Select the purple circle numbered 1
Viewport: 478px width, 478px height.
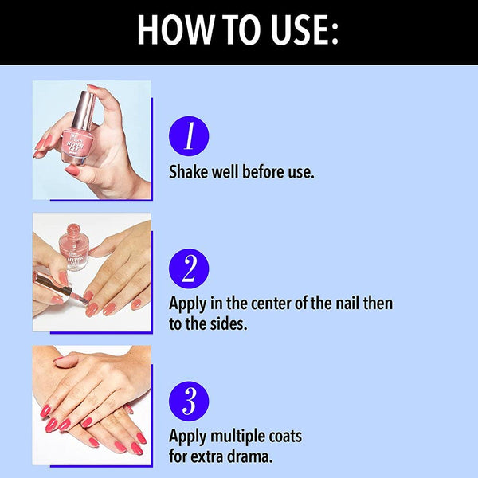pos(189,136)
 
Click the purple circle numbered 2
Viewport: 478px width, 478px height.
pos(189,268)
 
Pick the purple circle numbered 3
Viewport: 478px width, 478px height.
pos(189,402)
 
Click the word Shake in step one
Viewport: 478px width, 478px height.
pos(188,171)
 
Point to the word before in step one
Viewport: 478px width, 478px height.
pos(260,171)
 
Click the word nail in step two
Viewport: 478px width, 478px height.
pos(347,303)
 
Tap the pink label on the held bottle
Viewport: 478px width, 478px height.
pos(76,143)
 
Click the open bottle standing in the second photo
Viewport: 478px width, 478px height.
pos(74,247)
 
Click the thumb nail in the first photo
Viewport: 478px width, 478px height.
pos(72,170)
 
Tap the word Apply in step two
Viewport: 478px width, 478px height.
pos(188,304)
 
